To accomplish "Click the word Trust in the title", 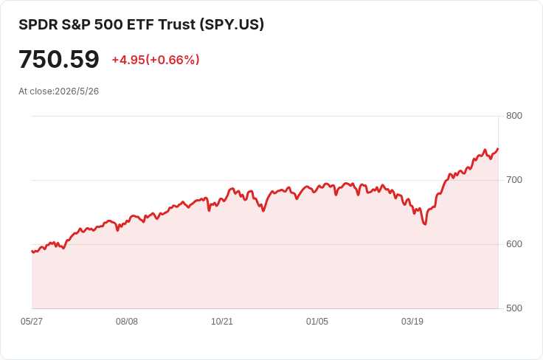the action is click(176, 24).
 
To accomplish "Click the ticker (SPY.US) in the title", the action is click(232, 24).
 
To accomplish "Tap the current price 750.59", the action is click(59, 59).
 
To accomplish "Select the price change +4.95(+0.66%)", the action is click(156, 60).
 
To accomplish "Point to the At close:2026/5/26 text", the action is click(58, 91).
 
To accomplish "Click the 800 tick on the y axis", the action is click(514, 116).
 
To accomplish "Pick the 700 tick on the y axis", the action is click(514, 180).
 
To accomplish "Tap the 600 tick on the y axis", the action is click(514, 244).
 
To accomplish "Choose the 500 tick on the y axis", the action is click(514, 308).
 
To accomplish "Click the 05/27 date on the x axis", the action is click(32, 322).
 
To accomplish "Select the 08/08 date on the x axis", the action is click(127, 322).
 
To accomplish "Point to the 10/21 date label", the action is click(222, 322).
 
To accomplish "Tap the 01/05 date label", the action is click(317, 322).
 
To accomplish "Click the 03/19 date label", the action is click(412, 322).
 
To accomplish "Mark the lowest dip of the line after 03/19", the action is click(425, 224).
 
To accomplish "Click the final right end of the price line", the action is click(498, 149).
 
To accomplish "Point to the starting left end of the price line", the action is click(32, 252).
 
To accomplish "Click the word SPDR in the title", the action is click(38, 24).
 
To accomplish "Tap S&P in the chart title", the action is click(76, 24).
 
